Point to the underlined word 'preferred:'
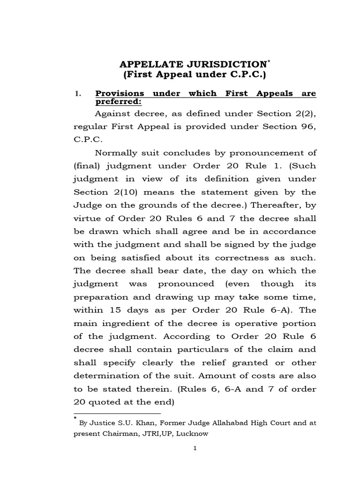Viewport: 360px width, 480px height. (118, 102)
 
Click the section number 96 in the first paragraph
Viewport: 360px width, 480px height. (308, 127)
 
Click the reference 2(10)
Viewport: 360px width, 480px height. (123, 192)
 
